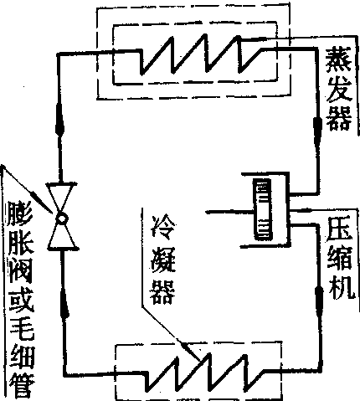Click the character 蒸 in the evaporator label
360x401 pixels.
coord(338,59)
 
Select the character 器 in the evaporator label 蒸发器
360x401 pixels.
coord(339,119)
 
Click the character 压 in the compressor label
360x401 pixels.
coord(341,230)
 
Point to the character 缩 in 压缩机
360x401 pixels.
coord(341,260)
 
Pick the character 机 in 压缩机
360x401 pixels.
coord(342,287)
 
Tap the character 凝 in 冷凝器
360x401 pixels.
coord(163,260)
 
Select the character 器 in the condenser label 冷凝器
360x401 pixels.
coord(162,292)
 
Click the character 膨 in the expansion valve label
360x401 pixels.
coord(21,213)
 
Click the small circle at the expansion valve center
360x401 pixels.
coord(61,218)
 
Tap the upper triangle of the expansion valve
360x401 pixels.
coord(61,198)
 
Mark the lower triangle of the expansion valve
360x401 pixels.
coord(62,237)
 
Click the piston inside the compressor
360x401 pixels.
coord(262,209)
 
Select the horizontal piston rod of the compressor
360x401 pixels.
coord(229,212)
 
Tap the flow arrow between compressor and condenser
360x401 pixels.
coord(320,299)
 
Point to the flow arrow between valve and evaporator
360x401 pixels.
coord(59,120)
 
